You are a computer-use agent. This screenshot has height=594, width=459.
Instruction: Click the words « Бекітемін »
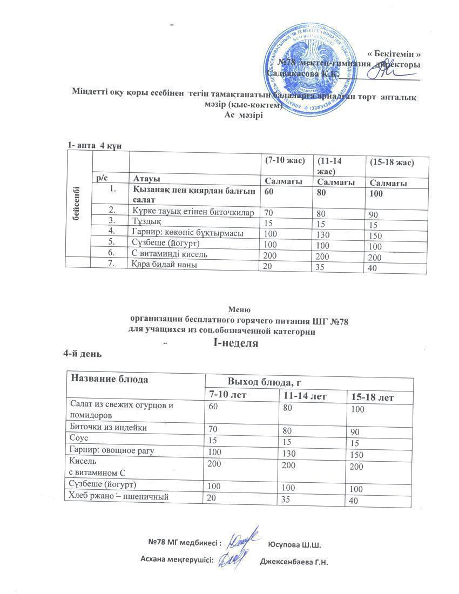(x=394, y=54)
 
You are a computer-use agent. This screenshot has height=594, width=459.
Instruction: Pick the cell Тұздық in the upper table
(x=146, y=221)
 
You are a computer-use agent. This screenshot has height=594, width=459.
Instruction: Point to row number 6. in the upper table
(x=112, y=253)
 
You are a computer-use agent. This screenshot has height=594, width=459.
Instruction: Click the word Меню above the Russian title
(x=239, y=309)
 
